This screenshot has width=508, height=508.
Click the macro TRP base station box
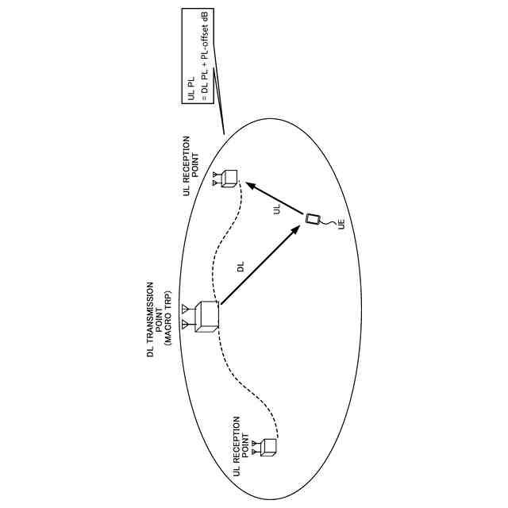click(x=206, y=316)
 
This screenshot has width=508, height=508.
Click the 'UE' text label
click(x=341, y=225)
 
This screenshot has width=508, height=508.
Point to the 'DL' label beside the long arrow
click(x=241, y=267)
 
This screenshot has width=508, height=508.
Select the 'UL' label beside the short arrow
click(x=277, y=209)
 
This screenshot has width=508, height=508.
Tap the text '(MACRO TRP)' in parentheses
click(x=168, y=318)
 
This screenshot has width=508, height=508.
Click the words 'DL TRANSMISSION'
click(x=149, y=318)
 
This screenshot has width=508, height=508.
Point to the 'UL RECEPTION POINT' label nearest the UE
click(x=191, y=165)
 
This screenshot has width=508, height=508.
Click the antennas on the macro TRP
click(x=185, y=317)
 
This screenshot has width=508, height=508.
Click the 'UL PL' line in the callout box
click(x=191, y=90)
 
